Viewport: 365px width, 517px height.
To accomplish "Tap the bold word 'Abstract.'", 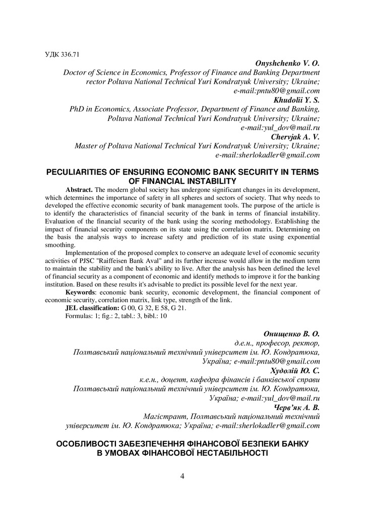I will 82,189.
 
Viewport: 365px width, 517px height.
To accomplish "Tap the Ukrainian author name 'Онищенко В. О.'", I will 291,334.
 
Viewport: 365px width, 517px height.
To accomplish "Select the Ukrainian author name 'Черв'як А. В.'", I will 297,407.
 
